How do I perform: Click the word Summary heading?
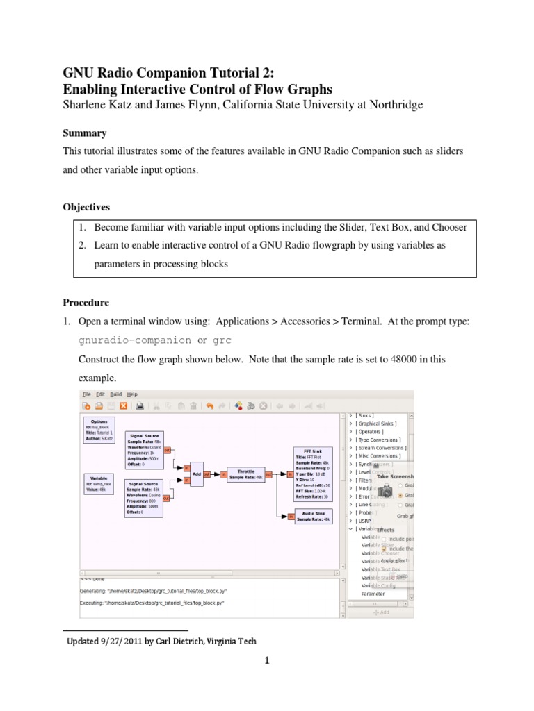click(84, 133)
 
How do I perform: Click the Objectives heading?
click(87, 208)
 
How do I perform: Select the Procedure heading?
click(86, 303)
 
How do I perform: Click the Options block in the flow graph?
click(99, 430)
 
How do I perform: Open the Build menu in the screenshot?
click(115, 394)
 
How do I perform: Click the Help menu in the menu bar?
click(131, 394)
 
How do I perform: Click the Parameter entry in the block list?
click(373, 594)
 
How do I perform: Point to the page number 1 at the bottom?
click(266, 660)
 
